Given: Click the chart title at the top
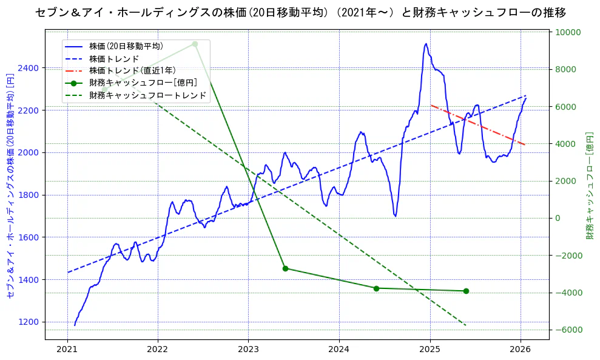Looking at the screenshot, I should click(x=300, y=13).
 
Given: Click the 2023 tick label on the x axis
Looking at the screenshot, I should click(x=248, y=349).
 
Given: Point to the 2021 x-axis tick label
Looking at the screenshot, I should click(x=67, y=349).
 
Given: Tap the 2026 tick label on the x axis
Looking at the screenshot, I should click(x=521, y=349).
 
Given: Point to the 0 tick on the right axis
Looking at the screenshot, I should click(x=556, y=218).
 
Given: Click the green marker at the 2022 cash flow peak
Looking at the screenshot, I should click(x=195, y=44).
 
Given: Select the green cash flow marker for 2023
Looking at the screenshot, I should click(x=285, y=268).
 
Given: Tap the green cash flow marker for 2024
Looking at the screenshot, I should click(x=376, y=288).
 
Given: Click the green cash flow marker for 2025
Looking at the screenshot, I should click(x=466, y=291).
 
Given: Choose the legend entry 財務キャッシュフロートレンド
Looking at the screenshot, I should click(x=147, y=95).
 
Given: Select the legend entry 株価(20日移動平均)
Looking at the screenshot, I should click(x=126, y=46).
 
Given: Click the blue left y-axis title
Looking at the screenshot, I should click(x=10, y=185).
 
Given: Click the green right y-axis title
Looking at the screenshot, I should click(x=589, y=185).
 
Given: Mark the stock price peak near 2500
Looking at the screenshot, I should click(x=426, y=44).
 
